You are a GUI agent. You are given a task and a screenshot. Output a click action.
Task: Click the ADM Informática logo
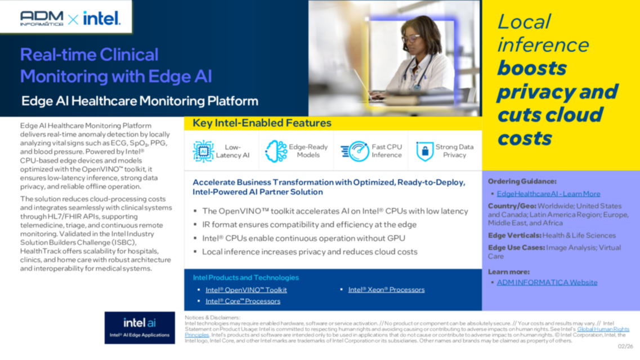(x=42, y=18)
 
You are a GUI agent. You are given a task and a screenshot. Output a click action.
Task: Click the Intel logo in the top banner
(x=102, y=19)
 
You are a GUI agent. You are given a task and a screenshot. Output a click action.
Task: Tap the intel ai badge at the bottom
(x=140, y=327)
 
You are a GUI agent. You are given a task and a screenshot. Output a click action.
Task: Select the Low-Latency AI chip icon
(x=203, y=151)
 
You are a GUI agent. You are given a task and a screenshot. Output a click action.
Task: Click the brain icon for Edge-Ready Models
(x=276, y=151)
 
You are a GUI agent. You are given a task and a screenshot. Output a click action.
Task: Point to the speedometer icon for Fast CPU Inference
(x=355, y=151)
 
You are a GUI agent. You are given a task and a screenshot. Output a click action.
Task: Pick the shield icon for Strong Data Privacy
(x=424, y=151)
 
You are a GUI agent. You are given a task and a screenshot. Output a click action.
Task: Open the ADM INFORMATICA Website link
(x=547, y=282)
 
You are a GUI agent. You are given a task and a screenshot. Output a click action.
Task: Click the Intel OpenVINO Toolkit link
(x=246, y=290)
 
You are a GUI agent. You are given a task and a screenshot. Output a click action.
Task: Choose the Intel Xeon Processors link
(x=386, y=290)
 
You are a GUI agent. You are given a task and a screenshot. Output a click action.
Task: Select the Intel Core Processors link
(x=243, y=301)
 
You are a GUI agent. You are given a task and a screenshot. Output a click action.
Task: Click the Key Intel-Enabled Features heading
(x=262, y=123)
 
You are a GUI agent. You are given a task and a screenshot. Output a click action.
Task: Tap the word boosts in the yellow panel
(x=531, y=68)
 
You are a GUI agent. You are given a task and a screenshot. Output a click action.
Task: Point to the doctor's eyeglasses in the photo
(x=411, y=38)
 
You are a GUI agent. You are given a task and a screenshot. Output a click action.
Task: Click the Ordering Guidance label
(x=522, y=181)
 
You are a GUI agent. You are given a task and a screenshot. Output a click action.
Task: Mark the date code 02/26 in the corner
(x=625, y=346)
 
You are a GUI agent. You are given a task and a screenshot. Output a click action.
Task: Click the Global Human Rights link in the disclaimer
(x=603, y=329)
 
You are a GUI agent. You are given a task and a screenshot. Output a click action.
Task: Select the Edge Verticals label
(x=514, y=235)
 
